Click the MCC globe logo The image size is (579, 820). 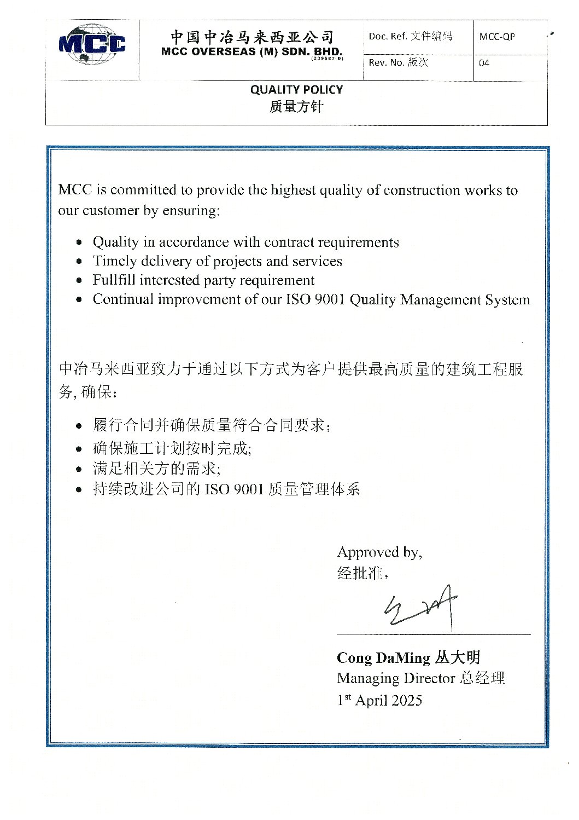pyautogui.click(x=92, y=44)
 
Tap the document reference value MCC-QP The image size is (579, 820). pyautogui.click(x=496, y=37)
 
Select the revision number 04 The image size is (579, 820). pyautogui.click(x=484, y=63)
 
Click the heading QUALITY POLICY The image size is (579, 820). pyautogui.click(x=296, y=90)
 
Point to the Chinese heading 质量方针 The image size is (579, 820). pyautogui.click(x=296, y=107)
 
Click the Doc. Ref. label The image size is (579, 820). pyautogui.click(x=387, y=37)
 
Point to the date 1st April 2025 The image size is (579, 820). pyautogui.click(x=379, y=700)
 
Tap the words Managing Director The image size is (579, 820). pyautogui.click(x=396, y=678)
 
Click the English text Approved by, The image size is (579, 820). pyautogui.click(x=379, y=552)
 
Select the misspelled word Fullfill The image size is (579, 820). pyautogui.click(x=114, y=280)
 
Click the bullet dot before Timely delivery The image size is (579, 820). pyautogui.click(x=80, y=262)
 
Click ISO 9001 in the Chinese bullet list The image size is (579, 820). pyautogui.click(x=234, y=489)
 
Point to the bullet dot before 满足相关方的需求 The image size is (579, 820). pyautogui.click(x=80, y=470)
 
